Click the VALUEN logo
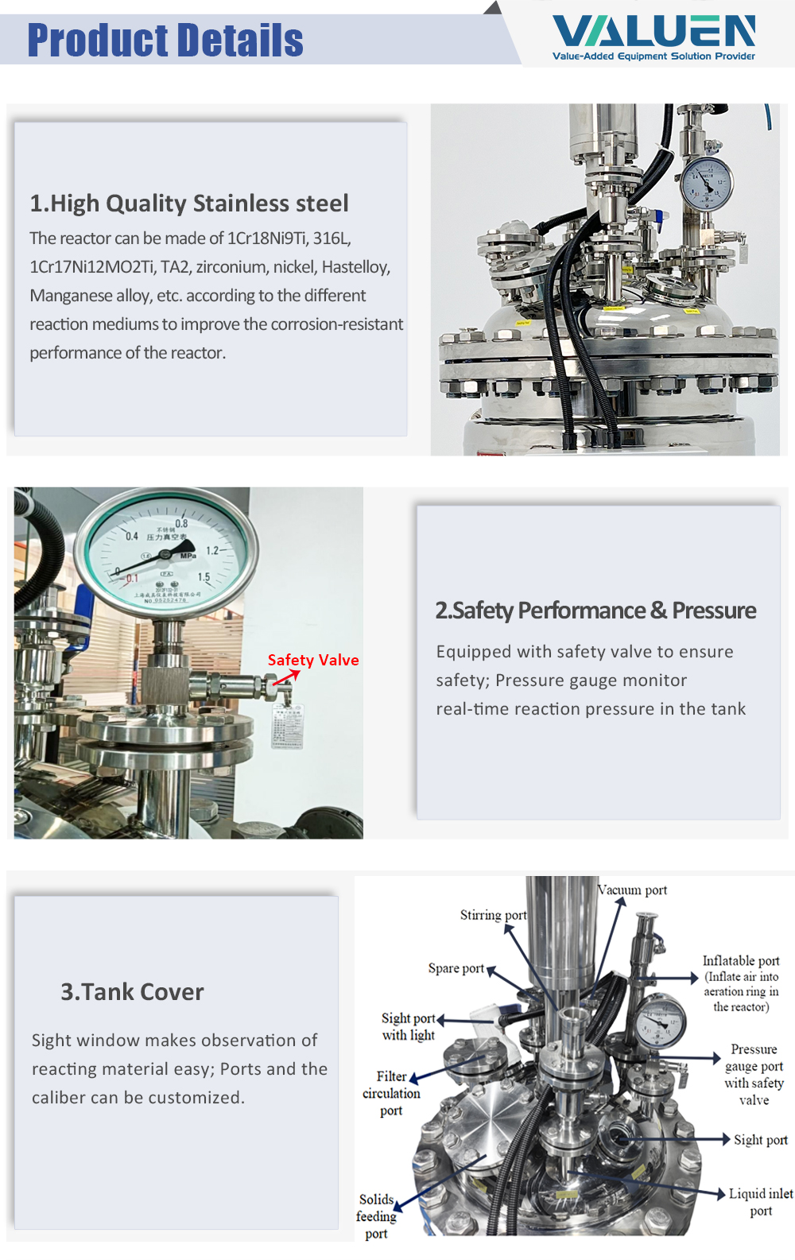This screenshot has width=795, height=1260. click(653, 37)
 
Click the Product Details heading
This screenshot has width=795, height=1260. click(165, 41)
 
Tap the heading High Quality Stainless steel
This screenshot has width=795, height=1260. click(189, 204)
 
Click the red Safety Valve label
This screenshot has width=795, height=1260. click(313, 660)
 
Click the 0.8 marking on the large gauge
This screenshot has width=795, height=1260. click(181, 524)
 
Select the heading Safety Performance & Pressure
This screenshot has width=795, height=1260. click(595, 611)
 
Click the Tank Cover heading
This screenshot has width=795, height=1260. click(132, 992)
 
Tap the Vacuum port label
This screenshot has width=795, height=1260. click(633, 890)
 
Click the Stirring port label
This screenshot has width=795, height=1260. click(493, 915)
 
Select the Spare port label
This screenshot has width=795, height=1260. click(456, 968)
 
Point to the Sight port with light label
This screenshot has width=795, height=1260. click(409, 1026)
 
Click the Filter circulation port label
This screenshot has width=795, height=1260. click(391, 1093)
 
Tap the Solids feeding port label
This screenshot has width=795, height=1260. click(376, 1216)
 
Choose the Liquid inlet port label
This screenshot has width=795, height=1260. click(761, 1202)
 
